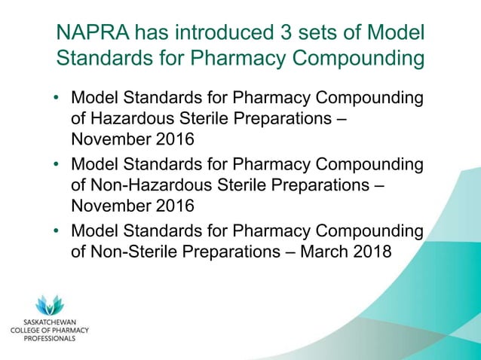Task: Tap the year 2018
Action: (372, 251)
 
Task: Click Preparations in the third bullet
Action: (240, 251)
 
